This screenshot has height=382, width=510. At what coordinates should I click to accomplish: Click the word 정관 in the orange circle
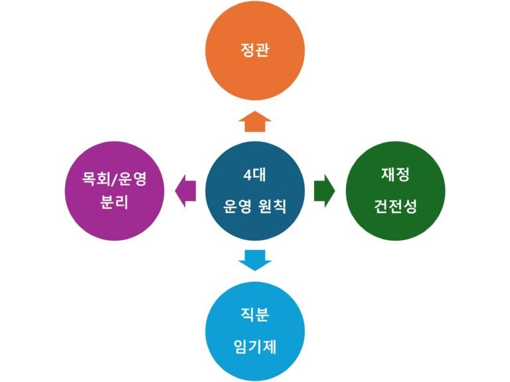255,50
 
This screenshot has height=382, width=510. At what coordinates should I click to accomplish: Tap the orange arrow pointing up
255,121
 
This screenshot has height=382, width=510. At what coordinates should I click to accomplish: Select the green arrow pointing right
324,190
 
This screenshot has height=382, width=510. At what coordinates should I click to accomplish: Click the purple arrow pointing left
185,190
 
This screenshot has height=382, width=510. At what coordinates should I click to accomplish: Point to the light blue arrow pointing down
255,259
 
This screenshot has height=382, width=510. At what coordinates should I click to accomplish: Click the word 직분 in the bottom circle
255,314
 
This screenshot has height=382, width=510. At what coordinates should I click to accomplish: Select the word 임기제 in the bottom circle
255,345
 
